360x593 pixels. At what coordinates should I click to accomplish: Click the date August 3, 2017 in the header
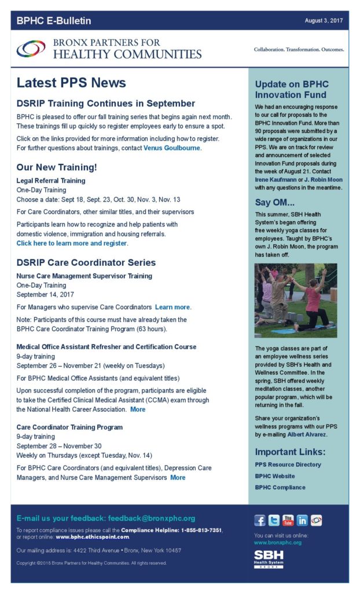[x=324, y=21]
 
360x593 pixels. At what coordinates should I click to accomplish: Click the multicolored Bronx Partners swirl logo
[x=31, y=49]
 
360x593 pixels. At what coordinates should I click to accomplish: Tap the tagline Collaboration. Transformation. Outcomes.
[x=299, y=49]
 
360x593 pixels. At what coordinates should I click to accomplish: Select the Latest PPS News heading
[x=71, y=83]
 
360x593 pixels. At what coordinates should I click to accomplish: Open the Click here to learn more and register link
[x=72, y=243]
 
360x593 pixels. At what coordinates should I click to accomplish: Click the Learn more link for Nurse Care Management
[x=172, y=307]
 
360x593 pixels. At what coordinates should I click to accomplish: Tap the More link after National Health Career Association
[x=138, y=409]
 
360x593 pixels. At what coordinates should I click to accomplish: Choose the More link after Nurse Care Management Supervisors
[x=178, y=478]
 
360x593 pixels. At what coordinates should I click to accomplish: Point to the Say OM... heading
[x=275, y=203]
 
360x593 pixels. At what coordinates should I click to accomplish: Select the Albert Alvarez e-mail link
[x=307, y=434]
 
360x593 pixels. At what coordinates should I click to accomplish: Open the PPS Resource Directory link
[x=288, y=464]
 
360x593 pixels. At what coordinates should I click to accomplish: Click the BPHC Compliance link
[x=280, y=488]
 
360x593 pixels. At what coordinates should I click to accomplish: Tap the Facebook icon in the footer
[x=260, y=521]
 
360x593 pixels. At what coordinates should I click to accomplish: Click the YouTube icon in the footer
[x=288, y=521]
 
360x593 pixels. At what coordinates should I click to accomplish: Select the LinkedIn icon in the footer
[x=302, y=521]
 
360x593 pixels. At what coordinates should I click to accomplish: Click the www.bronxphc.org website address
[x=278, y=543]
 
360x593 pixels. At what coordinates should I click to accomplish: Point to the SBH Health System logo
[x=269, y=559]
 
